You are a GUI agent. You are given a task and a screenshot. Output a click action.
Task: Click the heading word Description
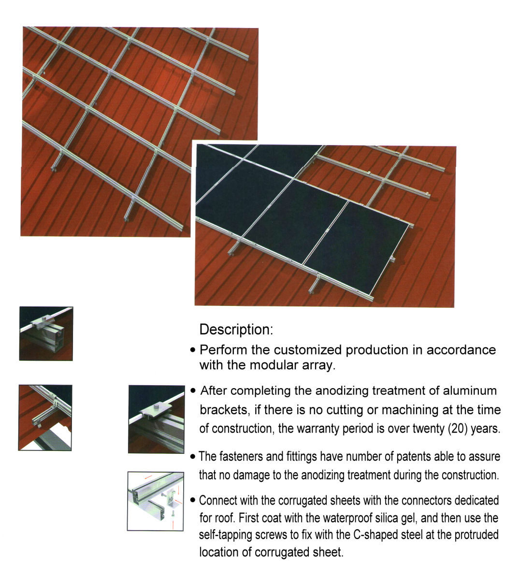[x=236, y=330]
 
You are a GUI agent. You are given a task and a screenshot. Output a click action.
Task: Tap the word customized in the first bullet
[x=307, y=350]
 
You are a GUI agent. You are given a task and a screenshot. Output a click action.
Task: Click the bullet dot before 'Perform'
[x=193, y=350]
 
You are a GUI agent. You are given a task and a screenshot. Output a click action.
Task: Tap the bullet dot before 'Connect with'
[x=193, y=500]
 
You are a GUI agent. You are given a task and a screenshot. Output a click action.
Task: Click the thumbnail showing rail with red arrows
[x=155, y=501]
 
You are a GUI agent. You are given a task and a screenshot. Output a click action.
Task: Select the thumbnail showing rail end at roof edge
[x=45, y=418]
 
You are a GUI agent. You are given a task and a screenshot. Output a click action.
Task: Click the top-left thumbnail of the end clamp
[x=46, y=333]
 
